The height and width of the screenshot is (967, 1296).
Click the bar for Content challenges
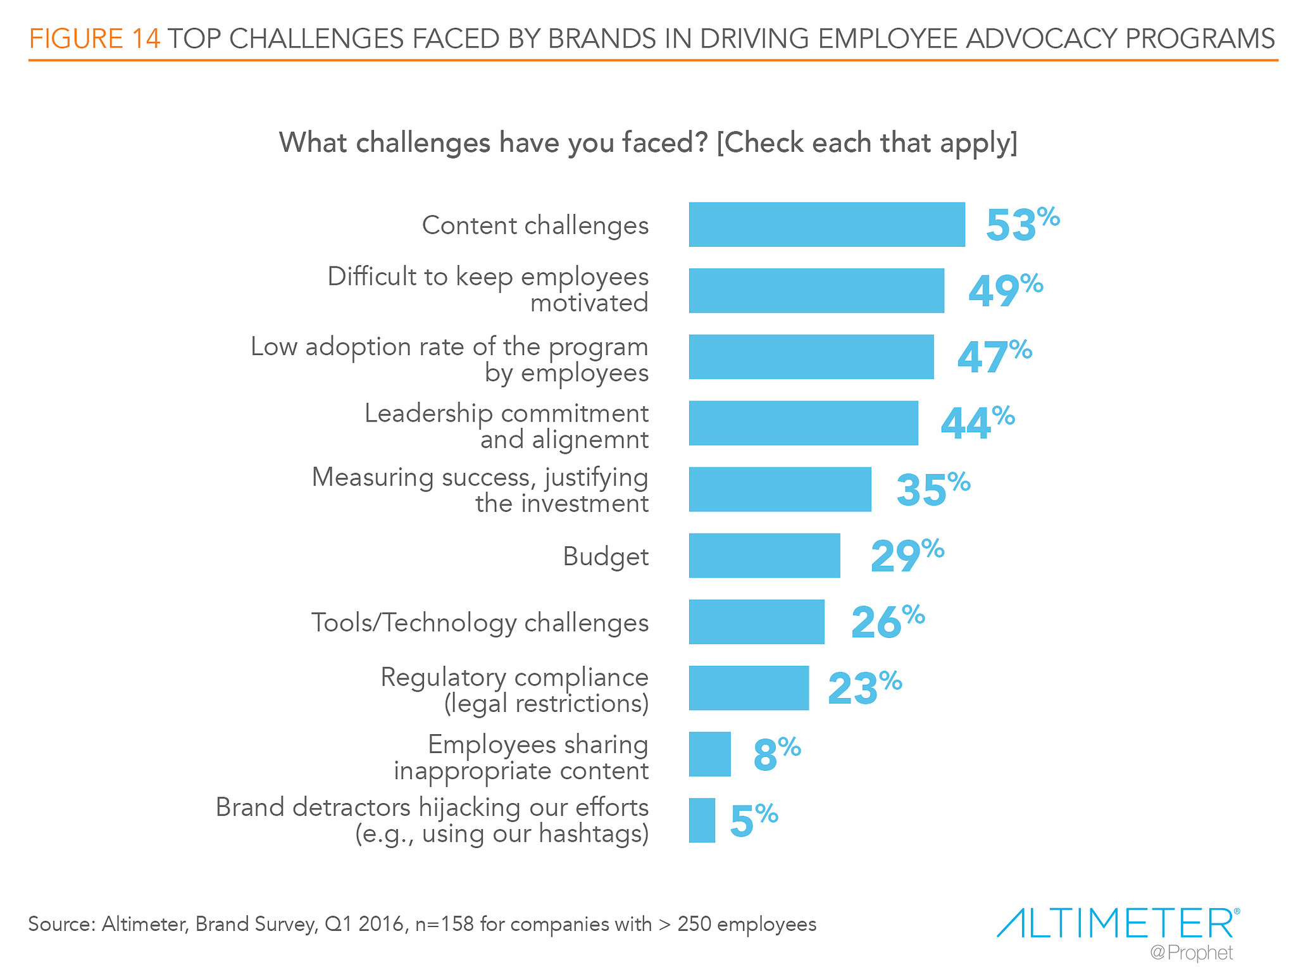[x=826, y=225]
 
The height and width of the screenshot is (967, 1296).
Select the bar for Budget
[x=764, y=556]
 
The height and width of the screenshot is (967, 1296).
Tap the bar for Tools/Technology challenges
[x=756, y=621]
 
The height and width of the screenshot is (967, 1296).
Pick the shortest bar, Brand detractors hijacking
[x=702, y=820]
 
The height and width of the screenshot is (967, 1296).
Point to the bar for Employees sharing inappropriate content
[x=709, y=754]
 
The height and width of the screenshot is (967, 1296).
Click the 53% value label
[x=1021, y=225]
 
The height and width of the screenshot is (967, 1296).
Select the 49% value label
[x=1004, y=290]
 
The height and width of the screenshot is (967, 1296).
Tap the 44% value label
[x=976, y=423]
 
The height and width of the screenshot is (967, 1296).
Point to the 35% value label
[x=932, y=489]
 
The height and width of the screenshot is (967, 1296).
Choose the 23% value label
[x=864, y=688]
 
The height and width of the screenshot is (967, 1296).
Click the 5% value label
[x=753, y=820]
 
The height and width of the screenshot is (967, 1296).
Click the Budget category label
[x=606, y=557]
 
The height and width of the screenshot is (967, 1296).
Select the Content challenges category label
[x=535, y=225]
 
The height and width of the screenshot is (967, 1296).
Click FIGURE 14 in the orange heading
[x=95, y=39]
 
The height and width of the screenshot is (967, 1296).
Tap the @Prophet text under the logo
[x=1192, y=952]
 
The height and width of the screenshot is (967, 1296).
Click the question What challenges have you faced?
[x=493, y=142]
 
